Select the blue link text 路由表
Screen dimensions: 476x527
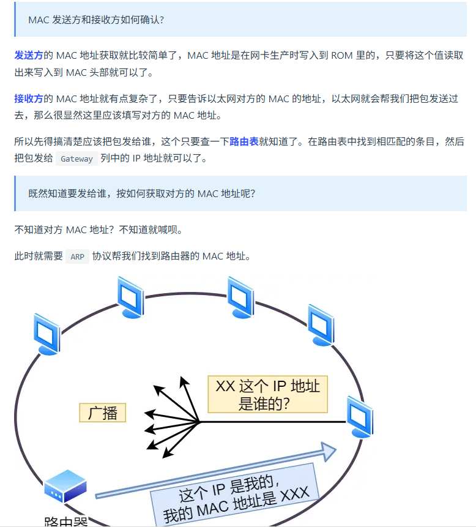point(244,142)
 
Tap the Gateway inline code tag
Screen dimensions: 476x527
point(76,159)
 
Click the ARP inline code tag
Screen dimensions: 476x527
point(77,256)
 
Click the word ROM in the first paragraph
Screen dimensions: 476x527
point(341,56)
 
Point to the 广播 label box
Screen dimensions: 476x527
point(102,413)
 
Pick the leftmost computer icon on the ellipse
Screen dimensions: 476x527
point(46,334)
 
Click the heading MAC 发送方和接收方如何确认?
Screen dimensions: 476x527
point(96,20)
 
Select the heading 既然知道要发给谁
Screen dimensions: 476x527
point(141,193)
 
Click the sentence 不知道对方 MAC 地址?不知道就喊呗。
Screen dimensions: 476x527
point(98,230)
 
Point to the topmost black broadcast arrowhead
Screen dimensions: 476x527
point(183,381)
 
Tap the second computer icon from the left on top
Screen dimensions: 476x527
point(130,297)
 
